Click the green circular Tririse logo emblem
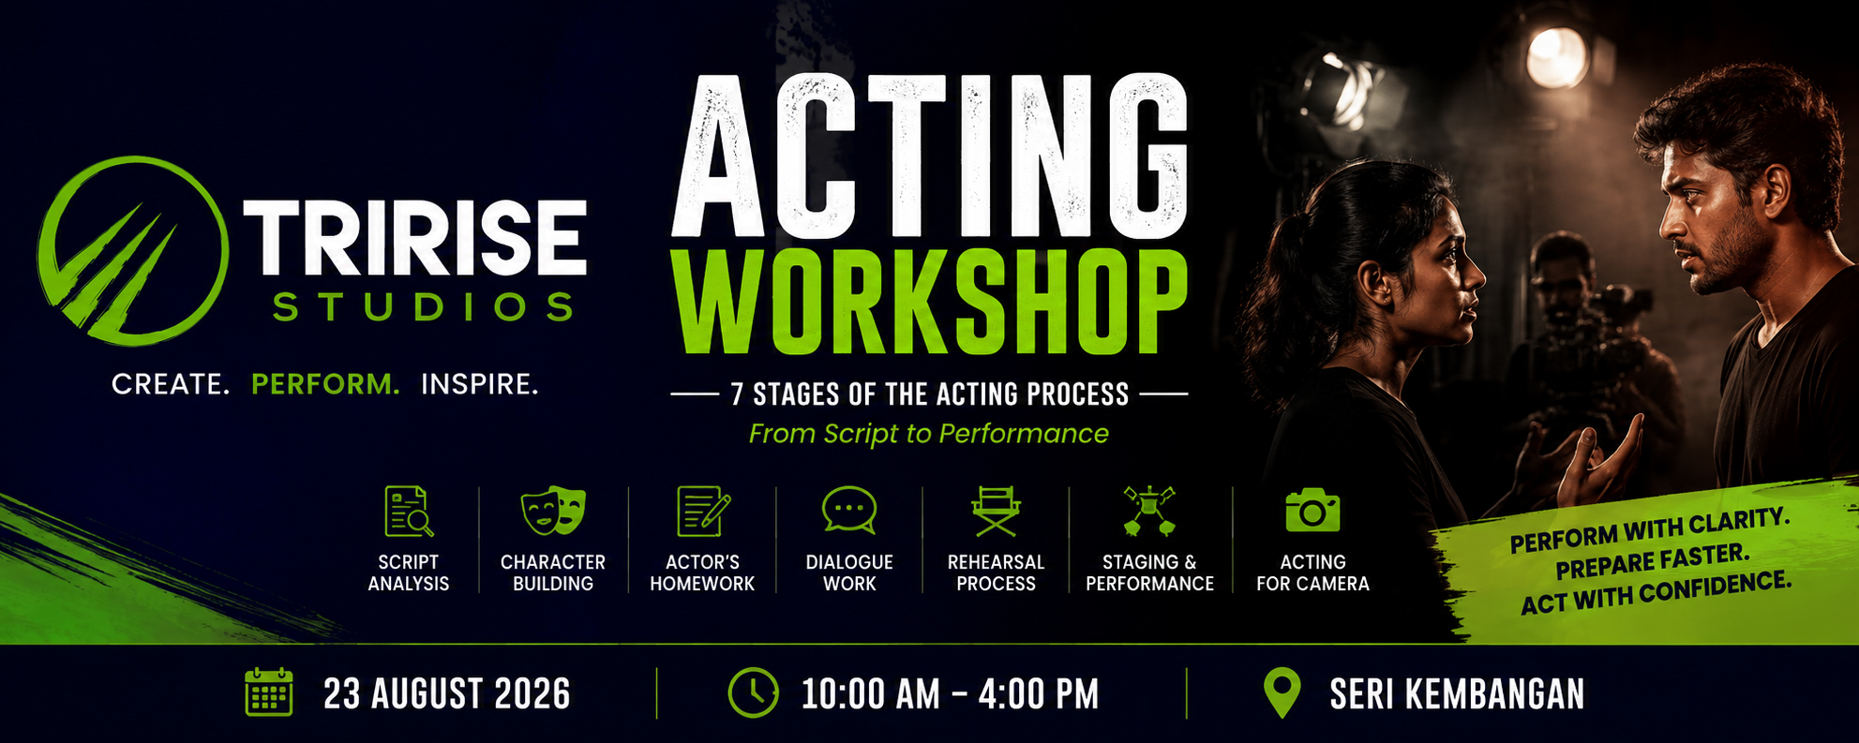click(x=132, y=251)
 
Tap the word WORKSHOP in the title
click(x=931, y=302)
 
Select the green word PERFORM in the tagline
click(x=325, y=384)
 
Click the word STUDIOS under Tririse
click(x=423, y=307)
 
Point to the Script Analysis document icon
click(x=409, y=511)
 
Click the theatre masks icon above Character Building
click(x=553, y=511)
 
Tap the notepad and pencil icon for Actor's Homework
click(x=703, y=511)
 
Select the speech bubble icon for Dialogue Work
click(x=849, y=511)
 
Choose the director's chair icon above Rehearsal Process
click(x=996, y=511)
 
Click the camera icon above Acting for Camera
click(x=1312, y=511)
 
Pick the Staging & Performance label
click(x=1149, y=572)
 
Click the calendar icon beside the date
click(x=269, y=692)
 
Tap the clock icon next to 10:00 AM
click(x=753, y=693)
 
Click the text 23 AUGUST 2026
click(x=447, y=694)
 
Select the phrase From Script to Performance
click(x=928, y=434)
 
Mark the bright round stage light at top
click(x=1556, y=57)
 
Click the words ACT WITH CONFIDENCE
click(x=1656, y=594)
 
